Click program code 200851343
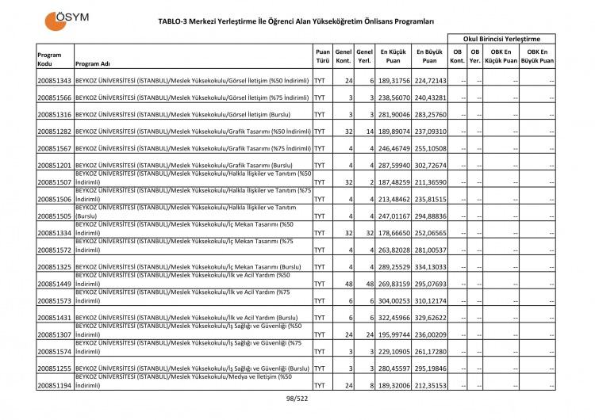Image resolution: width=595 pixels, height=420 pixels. (54, 82)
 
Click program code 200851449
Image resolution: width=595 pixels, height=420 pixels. (54, 284)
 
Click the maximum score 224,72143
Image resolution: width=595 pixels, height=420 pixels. (429, 82)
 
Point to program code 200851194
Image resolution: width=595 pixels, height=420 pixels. (54, 385)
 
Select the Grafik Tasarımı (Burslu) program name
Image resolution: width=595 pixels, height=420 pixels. (185, 165)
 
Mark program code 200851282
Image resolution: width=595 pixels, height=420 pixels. (54, 132)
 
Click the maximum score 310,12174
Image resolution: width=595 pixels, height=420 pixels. (429, 301)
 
